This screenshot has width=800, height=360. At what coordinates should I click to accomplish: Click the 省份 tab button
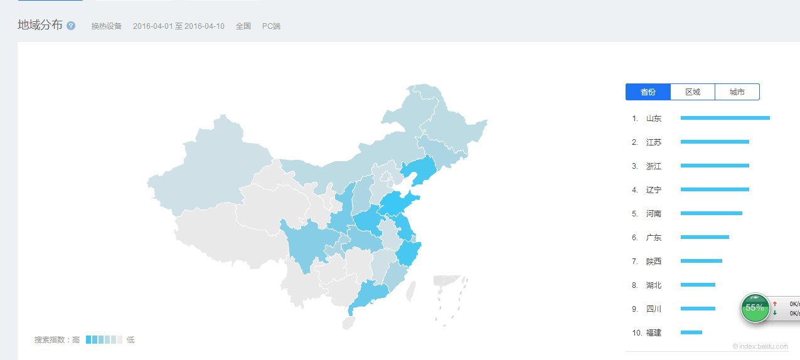coord(648,92)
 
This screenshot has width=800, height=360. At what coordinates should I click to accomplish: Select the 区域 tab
coord(692,92)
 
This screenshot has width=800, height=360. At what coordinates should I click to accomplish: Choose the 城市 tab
coord(737,92)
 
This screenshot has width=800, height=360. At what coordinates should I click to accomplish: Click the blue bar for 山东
coord(725,118)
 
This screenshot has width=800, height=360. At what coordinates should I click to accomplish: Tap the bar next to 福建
coord(691,332)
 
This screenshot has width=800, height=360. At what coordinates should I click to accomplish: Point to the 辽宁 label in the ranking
coord(653,190)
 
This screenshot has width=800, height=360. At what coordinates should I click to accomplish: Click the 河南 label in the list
coord(653,214)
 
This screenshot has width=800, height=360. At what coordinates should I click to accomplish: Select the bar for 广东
coord(705,237)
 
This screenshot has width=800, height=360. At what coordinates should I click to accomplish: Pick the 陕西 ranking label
coord(653,262)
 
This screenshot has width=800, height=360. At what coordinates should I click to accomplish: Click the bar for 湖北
coord(698,285)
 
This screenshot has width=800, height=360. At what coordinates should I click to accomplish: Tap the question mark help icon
coord(71,26)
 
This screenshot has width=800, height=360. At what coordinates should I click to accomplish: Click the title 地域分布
coord(40,25)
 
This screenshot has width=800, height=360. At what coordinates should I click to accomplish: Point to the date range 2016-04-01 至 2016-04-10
coord(178,26)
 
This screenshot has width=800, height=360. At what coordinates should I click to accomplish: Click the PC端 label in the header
coord(271,26)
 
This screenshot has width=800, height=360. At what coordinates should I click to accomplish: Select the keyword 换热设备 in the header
coord(106,26)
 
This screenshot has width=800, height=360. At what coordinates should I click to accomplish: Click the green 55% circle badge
coord(755,307)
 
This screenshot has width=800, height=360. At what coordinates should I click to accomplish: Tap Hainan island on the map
coord(348,324)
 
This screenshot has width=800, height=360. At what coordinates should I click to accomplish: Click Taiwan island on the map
coord(411,291)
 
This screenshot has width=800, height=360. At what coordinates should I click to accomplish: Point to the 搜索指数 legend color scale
coord(104,340)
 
